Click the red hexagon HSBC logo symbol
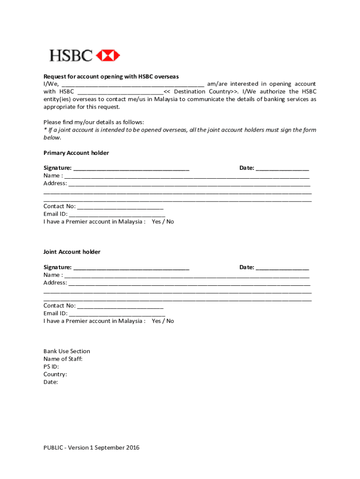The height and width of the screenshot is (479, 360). (108, 56)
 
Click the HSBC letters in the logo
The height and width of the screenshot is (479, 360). (71, 56)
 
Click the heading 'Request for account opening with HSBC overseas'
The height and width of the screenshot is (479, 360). (111, 76)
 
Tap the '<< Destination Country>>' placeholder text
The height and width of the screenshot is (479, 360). (198, 92)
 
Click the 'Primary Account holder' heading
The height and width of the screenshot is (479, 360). (76, 153)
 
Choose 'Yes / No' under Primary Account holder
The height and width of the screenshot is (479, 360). (163, 222)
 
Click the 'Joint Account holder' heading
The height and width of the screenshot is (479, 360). (72, 252)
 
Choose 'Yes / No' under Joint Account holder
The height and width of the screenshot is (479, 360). (163, 321)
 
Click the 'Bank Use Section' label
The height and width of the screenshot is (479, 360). (67, 351)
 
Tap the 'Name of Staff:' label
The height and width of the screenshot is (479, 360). (63, 359)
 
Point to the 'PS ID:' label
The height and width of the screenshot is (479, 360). (51, 367)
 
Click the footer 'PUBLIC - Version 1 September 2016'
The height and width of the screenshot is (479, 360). (92, 448)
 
